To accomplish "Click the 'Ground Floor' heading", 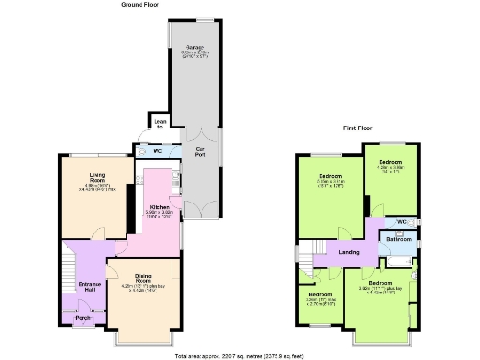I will click(141, 5).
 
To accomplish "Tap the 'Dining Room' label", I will click(142, 279).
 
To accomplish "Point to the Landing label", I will click(349, 252).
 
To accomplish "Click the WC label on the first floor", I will click(401, 221).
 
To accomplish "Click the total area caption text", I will click(239, 356).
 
